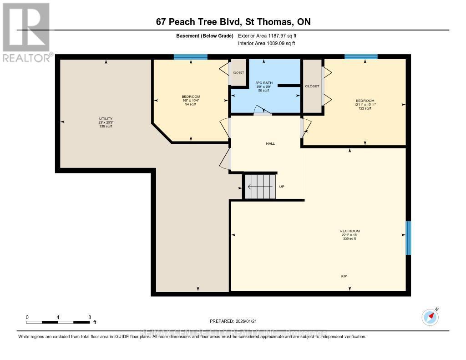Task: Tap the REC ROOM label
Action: [x=349, y=231]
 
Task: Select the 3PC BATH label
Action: [x=264, y=82]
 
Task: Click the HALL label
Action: [x=270, y=143]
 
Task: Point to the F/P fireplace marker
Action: [x=344, y=276]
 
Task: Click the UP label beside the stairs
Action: [x=282, y=186]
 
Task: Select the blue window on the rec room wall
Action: [x=408, y=238]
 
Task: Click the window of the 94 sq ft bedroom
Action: [x=191, y=57]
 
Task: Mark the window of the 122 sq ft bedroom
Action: [x=361, y=57]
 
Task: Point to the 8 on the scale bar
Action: [x=90, y=317]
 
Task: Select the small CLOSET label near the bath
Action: [x=238, y=72]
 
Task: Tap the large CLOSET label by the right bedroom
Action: [x=312, y=86]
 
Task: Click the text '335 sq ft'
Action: [x=349, y=239]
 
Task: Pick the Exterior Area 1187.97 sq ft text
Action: [x=267, y=35]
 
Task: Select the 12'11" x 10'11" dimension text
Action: [x=365, y=104]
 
